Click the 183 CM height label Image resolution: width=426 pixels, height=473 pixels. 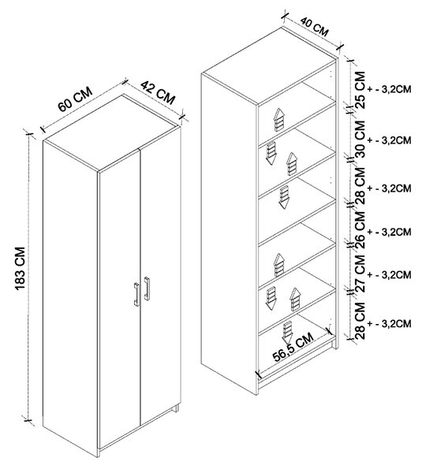click(x=20, y=269)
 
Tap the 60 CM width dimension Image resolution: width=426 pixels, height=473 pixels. click(x=75, y=99)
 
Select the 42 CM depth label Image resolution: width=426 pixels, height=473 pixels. click(x=158, y=92)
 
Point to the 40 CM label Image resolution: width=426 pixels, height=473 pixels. click(x=314, y=27)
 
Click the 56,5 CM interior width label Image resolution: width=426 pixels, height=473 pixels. click(x=293, y=346)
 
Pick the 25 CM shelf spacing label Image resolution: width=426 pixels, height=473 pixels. click(x=361, y=90)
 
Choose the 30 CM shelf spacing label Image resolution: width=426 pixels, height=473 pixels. click(x=361, y=139)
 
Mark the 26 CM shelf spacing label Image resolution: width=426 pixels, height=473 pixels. click(x=361, y=230)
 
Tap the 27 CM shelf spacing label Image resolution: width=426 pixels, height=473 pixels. click(x=361, y=273)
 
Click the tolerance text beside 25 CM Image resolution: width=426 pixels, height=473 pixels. click(x=390, y=90)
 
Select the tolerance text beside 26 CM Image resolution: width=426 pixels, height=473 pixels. click(x=390, y=232)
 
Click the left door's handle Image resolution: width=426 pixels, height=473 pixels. click(x=136, y=294)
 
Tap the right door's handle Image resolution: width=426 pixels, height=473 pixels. click(x=147, y=289)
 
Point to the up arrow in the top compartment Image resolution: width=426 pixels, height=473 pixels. click(x=279, y=120)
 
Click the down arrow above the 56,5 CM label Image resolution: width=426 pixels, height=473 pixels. click(x=287, y=333)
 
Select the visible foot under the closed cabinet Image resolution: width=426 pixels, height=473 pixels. click(x=175, y=408)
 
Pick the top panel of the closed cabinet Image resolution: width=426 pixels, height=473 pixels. click(x=110, y=133)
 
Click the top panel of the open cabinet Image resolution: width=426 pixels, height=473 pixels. click(x=269, y=65)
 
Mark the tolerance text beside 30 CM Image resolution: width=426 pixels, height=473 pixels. click(x=390, y=140)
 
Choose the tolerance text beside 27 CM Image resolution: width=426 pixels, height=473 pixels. click(x=390, y=275)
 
